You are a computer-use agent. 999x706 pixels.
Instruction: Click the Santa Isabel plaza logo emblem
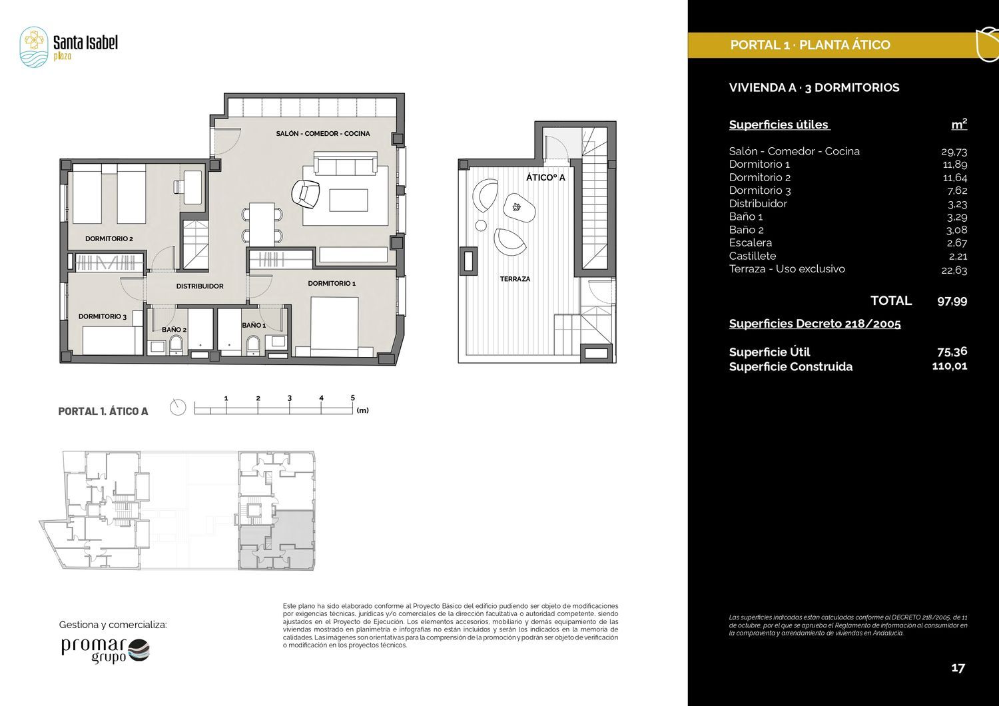(x=34, y=47)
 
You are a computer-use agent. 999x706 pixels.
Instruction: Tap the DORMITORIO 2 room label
(x=109, y=238)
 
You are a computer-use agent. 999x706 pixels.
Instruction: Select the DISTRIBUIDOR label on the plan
(x=200, y=286)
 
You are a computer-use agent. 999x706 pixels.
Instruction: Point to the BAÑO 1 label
(x=254, y=326)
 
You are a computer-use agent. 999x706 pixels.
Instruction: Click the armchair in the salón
(x=306, y=194)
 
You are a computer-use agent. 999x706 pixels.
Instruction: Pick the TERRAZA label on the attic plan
(x=515, y=279)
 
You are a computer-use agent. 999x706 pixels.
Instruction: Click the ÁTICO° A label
(x=545, y=178)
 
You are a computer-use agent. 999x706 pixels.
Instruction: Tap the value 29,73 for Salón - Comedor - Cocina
(x=954, y=152)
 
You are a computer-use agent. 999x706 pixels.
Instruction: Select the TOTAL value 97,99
(x=952, y=301)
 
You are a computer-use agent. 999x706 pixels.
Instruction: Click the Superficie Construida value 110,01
(x=950, y=366)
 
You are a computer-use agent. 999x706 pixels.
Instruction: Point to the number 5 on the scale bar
(x=353, y=398)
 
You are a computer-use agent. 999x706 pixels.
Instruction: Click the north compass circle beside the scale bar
(x=178, y=408)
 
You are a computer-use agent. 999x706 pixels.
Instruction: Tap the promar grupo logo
(x=105, y=651)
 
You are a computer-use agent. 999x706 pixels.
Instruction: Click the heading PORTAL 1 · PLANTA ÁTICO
(x=811, y=45)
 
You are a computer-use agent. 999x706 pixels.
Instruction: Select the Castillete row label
(x=753, y=256)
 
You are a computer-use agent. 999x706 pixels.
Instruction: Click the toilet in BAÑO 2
(x=176, y=344)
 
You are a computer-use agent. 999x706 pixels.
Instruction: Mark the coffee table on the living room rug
(x=348, y=200)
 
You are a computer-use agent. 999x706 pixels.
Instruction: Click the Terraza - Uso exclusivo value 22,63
(x=954, y=270)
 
